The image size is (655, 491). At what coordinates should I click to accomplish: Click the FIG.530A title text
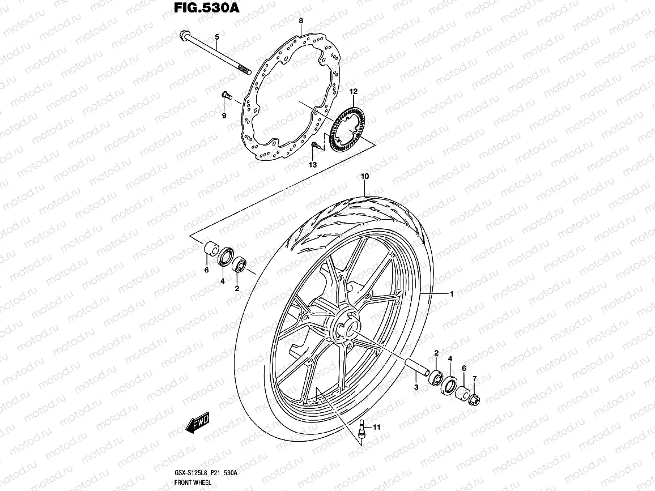click(195, 8)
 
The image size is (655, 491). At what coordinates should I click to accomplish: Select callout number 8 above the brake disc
click(301, 21)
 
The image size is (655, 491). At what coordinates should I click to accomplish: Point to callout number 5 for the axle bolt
click(216, 37)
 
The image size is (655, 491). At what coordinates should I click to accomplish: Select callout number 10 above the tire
click(365, 177)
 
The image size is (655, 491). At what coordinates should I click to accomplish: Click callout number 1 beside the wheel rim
click(452, 294)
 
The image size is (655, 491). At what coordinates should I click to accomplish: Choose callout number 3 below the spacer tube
click(416, 387)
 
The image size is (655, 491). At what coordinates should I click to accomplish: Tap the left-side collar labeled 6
click(212, 249)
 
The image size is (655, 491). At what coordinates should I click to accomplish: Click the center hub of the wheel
click(345, 327)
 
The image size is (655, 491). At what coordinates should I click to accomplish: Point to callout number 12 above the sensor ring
click(353, 91)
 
